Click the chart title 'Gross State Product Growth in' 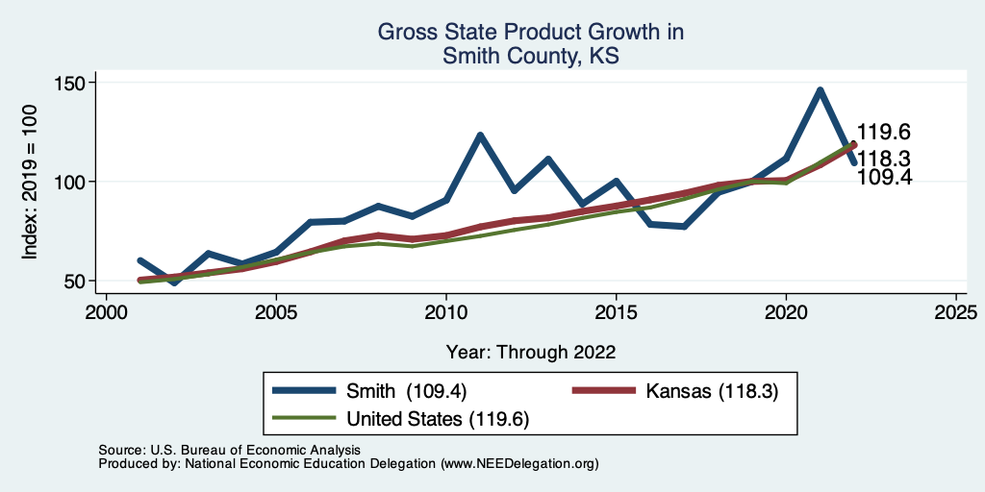coord(530,33)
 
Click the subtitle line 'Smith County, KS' coord(530,57)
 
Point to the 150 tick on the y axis coord(72,83)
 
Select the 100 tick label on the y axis coord(72,182)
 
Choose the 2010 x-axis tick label coord(445,313)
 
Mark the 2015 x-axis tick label coord(616,313)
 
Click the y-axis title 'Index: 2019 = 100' coord(30,182)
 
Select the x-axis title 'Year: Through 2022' coord(530,351)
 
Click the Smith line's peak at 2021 coord(820,90)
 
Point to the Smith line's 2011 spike coord(480,135)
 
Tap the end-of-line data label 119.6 coord(883,133)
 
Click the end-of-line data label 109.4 coord(883,177)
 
